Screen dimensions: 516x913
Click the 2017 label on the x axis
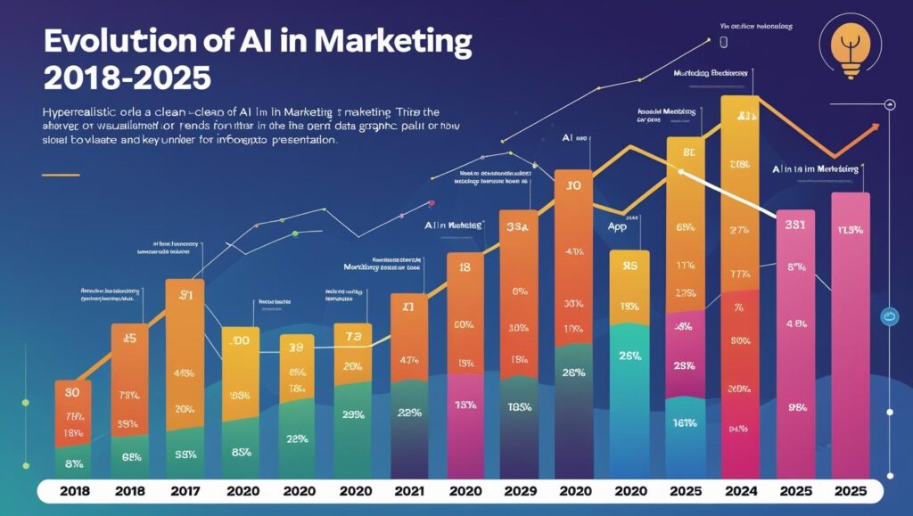point(185,491)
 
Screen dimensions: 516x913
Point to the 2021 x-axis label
point(409,491)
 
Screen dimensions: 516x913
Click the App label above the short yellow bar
point(629,227)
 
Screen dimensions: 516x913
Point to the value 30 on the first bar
point(72,393)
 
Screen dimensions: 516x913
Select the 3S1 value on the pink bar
point(795,225)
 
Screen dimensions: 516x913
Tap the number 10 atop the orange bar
point(573,186)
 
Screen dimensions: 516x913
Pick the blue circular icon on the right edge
point(888,315)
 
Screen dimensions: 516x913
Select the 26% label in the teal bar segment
point(630,356)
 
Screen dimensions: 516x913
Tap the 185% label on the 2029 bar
point(518,406)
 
